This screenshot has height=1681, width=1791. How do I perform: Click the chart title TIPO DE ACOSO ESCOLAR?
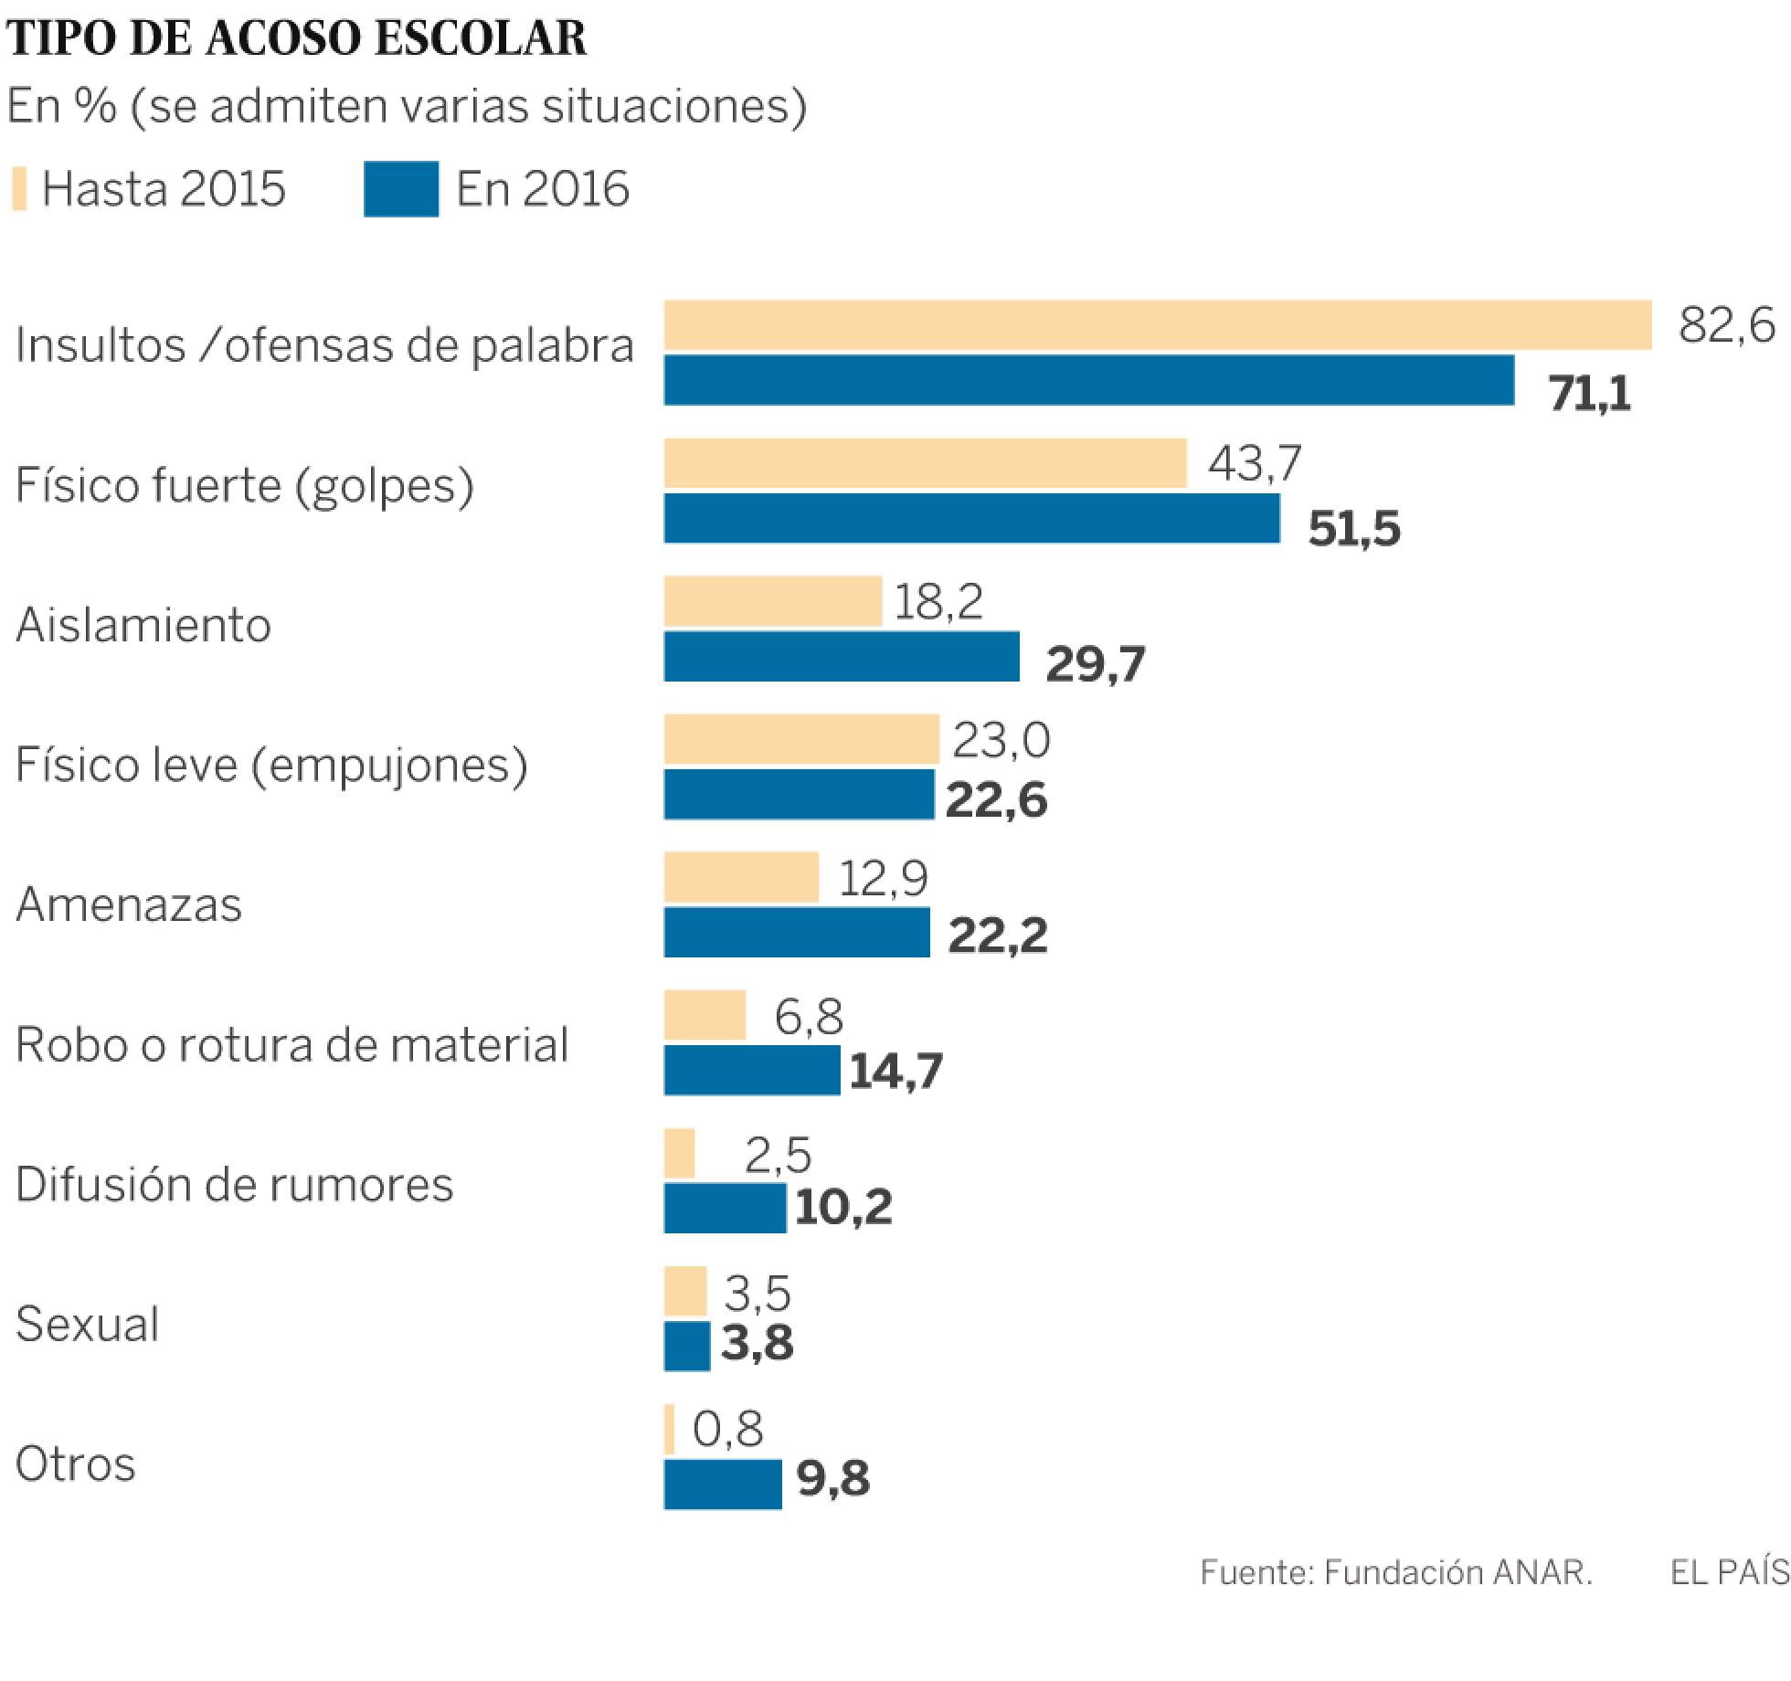297,38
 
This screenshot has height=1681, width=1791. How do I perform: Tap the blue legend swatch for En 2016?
400,189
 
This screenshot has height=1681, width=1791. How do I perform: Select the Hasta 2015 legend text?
164,189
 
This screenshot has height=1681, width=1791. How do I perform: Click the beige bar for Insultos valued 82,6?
1157,325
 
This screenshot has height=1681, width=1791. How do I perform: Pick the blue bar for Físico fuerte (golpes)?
971,519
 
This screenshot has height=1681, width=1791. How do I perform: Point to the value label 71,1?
1590,395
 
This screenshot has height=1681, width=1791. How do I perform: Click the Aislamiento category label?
143,626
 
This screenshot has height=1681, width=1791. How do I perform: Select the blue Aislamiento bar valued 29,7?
842,657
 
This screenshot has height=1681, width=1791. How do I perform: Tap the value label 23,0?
1001,739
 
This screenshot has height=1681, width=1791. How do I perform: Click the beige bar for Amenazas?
741,878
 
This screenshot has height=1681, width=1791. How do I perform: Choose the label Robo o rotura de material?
291,1044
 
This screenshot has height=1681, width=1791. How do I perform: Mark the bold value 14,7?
895,1071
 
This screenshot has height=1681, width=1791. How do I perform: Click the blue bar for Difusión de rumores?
725,1209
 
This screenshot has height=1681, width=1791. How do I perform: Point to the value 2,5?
778,1156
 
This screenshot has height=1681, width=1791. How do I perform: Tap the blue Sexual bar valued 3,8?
687,1347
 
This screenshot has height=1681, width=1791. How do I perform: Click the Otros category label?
76,1464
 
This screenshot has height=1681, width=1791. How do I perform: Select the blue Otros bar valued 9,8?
723,1485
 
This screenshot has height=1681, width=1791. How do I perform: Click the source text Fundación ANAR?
1457,1572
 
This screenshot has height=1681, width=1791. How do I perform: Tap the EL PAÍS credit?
1729,1572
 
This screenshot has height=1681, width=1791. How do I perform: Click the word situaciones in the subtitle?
673,106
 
